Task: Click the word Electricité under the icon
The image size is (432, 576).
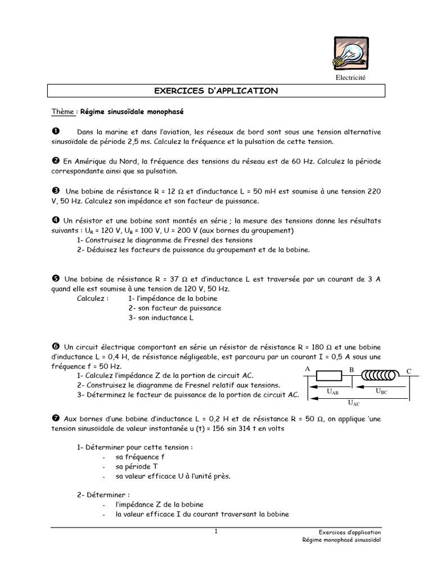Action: tap(351, 78)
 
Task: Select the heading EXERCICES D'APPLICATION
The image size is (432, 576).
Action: tap(216, 91)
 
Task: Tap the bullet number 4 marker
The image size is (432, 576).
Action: tap(55, 221)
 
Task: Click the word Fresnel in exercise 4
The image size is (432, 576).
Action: tap(193, 240)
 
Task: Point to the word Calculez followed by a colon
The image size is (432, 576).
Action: tap(93, 298)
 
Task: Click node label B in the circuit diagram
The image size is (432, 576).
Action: tap(352, 370)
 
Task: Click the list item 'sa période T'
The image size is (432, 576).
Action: tap(137, 466)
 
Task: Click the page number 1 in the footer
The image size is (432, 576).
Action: tap(216, 532)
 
